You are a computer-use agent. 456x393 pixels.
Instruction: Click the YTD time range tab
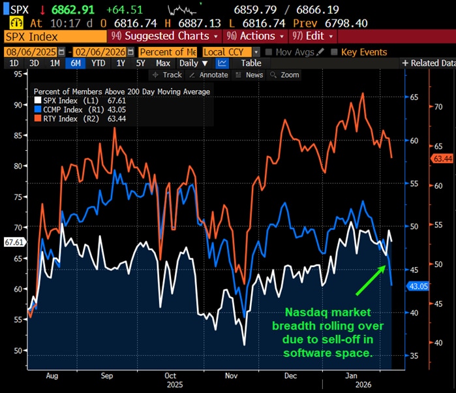[99, 63]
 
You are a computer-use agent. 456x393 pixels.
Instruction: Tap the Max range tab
[163, 63]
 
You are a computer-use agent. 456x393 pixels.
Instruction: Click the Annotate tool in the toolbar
[210, 75]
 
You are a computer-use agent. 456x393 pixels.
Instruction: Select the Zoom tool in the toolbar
[285, 75]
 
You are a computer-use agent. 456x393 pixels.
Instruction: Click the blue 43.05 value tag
[417, 286]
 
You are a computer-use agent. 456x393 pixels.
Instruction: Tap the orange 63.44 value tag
[442, 159]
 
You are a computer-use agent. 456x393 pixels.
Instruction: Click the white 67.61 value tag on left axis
[14, 242]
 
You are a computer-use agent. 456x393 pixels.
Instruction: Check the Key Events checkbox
[335, 52]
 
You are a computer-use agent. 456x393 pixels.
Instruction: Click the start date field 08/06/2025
[30, 52]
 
